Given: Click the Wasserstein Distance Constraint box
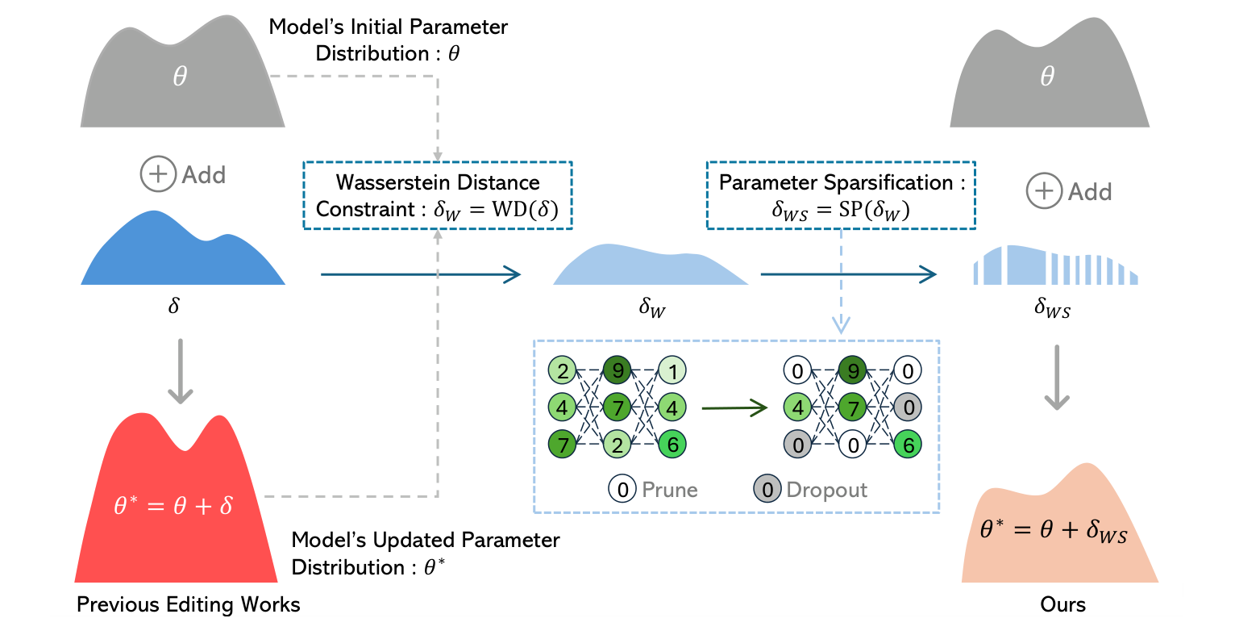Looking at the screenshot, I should click(437, 195).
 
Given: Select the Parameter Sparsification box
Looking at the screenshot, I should click(841, 195).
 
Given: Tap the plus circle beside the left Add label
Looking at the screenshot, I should click(158, 174).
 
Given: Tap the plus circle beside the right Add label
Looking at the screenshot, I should click(1044, 191).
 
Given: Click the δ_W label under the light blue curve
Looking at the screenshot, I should click(651, 307).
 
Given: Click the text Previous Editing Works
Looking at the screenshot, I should click(188, 604).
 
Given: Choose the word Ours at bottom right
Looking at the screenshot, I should click(1062, 604).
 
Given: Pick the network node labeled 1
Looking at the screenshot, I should click(672, 371).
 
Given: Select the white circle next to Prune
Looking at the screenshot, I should click(622, 489).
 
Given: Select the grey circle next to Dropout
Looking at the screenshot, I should click(767, 489).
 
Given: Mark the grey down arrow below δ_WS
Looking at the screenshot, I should click(1056, 378).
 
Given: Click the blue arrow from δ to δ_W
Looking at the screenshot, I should click(420, 274).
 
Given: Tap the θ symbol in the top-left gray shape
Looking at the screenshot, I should click(180, 77).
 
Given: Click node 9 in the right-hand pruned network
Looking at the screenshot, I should click(852, 371).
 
